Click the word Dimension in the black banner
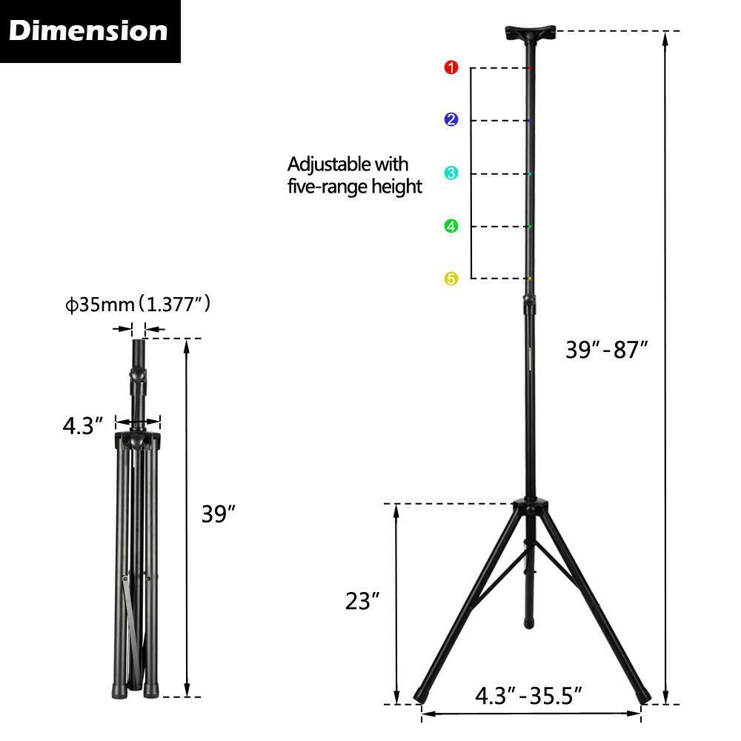click(x=88, y=30)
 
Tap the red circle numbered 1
click(x=451, y=67)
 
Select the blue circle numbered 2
click(x=451, y=119)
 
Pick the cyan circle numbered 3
click(x=451, y=173)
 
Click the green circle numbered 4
click(x=451, y=226)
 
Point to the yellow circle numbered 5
click(x=451, y=279)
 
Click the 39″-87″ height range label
click(x=607, y=350)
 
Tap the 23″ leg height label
click(x=362, y=601)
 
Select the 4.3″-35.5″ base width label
click(x=529, y=696)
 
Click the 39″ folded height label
click(x=219, y=514)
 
